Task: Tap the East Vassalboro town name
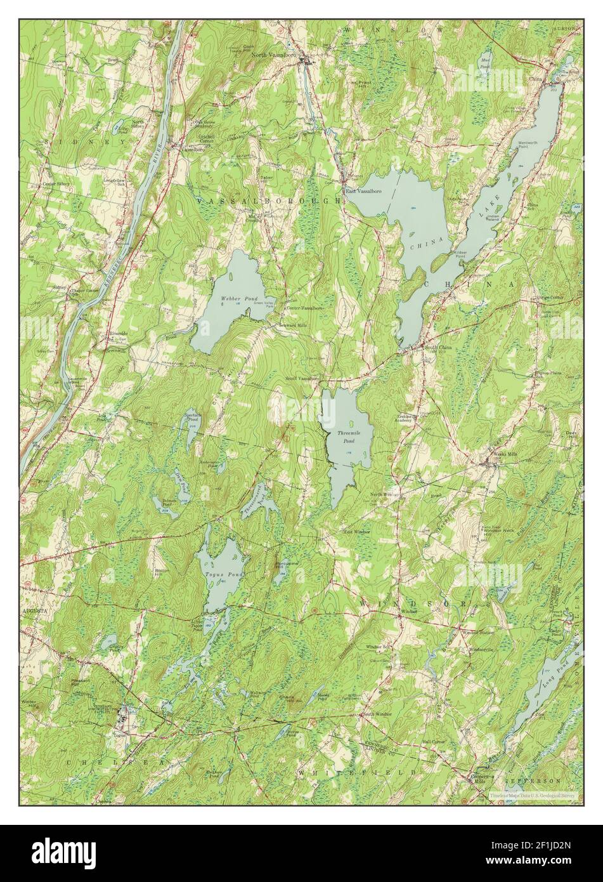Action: [x=360, y=190]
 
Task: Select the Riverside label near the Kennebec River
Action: [x=118, y=332]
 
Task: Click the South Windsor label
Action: [x=377, y=714]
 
